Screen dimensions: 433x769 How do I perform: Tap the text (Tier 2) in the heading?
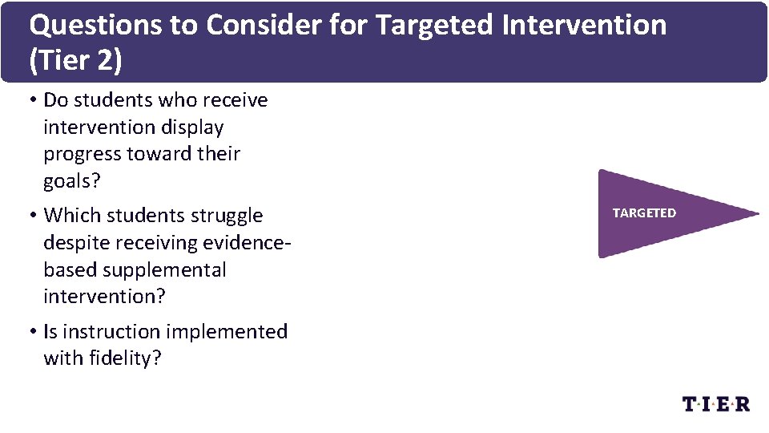coord(76,62)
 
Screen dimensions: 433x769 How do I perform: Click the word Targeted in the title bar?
coord(435,26)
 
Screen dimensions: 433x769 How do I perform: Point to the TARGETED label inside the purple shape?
coord(644,213)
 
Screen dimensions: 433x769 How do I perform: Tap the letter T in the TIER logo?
coord(690,404)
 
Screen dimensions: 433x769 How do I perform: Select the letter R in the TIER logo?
coord(742,404)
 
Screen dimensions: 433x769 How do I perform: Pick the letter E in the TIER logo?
coord(725,404)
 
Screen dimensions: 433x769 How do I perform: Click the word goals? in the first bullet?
coord(72,181)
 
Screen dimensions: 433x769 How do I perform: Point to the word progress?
coord(83,154)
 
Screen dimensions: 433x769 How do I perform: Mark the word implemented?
coord(227,332)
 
